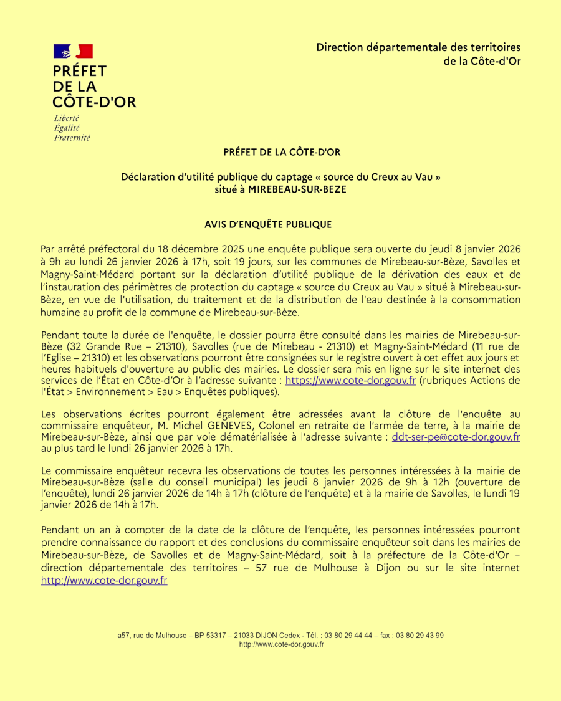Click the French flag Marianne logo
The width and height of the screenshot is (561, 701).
coord(73,52)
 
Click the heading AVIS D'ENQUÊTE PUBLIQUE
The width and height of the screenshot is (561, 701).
coord(268,224)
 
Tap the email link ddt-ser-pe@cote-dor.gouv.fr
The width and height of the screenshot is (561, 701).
coord(456,437)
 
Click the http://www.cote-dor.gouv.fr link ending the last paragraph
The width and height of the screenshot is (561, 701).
coord(104,580)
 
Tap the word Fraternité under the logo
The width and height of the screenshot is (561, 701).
coord(72,138)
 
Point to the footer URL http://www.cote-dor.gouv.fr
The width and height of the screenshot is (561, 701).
coord(281,644)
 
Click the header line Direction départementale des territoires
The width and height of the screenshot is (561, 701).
coord(418,47)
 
